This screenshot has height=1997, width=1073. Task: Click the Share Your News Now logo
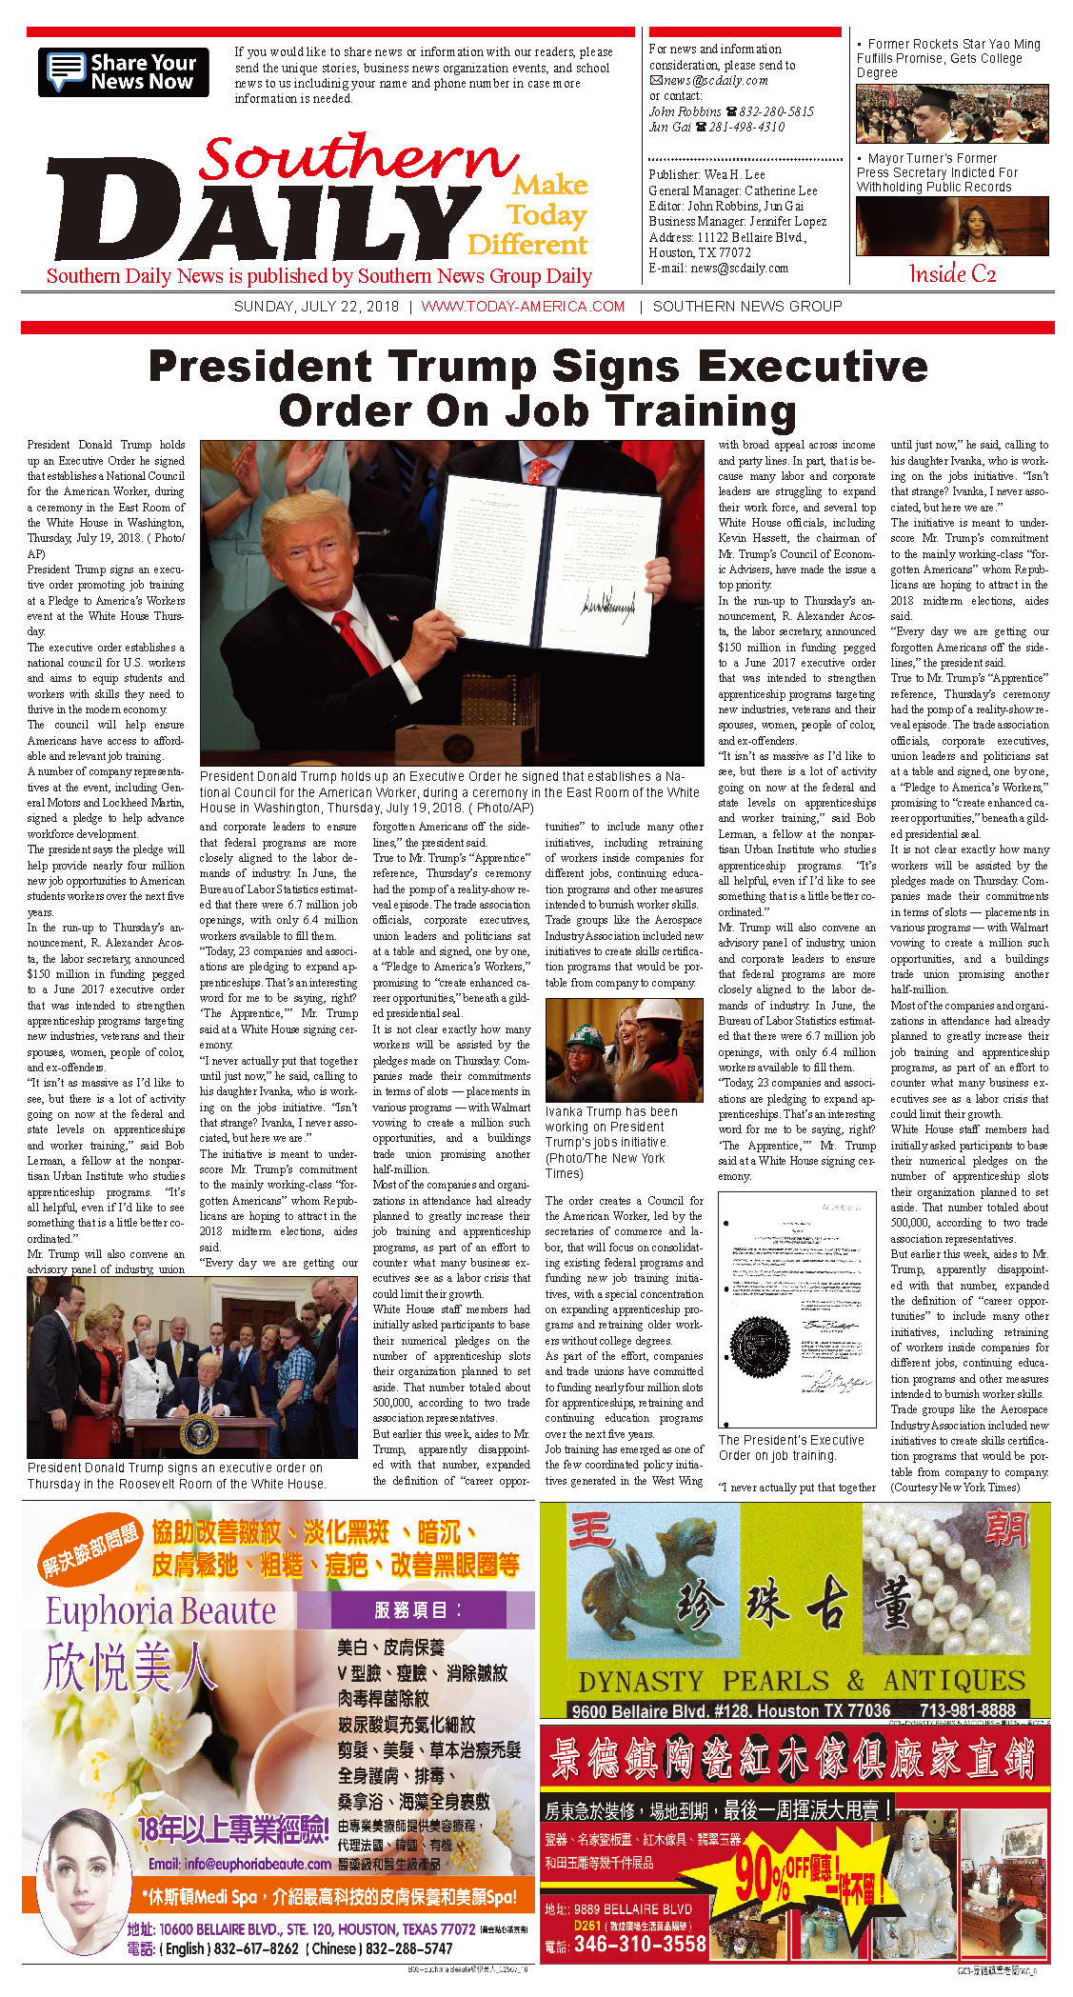(124, 72)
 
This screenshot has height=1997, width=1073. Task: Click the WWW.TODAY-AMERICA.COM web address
(523, 307)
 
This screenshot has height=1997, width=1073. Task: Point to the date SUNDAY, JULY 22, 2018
(316, 307)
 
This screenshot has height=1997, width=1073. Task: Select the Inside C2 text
(952, 274)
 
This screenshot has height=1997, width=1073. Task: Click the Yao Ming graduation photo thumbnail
(952, 113)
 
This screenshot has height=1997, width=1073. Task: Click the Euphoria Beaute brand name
(161, 1610)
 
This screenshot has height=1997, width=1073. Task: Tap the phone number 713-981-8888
(967, 1710)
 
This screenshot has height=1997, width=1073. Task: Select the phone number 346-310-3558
(640, 1944)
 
